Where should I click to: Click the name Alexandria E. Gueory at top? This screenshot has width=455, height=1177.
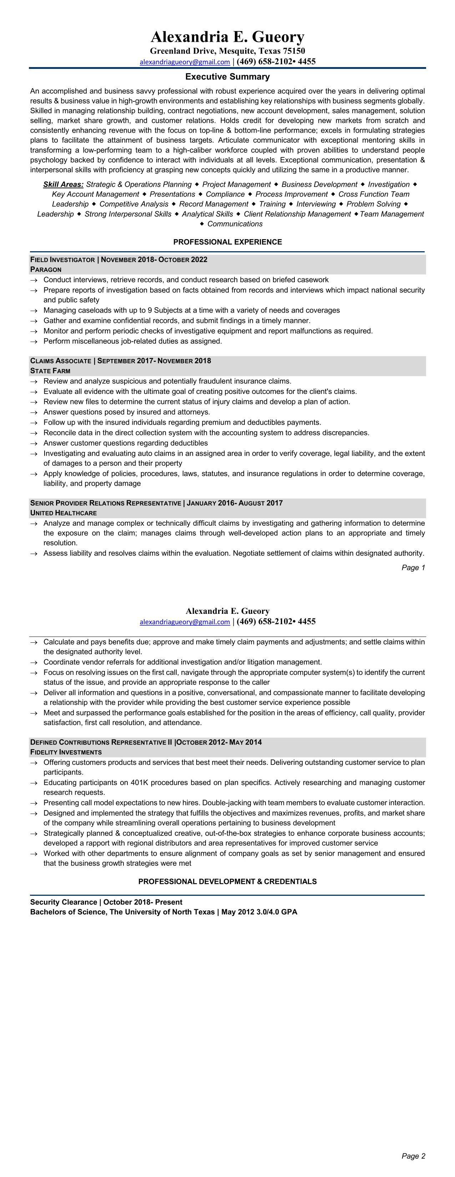228,36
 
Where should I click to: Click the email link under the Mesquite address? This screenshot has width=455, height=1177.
184,62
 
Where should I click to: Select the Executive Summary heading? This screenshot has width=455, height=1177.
228,77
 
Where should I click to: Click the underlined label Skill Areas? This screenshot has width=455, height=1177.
63,185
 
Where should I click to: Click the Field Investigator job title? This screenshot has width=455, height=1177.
62,260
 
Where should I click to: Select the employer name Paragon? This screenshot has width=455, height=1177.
46,269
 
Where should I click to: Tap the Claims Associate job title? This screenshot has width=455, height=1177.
60,361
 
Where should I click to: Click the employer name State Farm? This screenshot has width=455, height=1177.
50,371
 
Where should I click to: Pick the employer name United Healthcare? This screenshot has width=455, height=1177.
64,513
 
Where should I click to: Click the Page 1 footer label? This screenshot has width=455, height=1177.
413,567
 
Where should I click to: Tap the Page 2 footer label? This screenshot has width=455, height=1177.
413,1156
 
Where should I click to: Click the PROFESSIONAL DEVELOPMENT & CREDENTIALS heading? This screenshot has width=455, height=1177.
228,882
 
